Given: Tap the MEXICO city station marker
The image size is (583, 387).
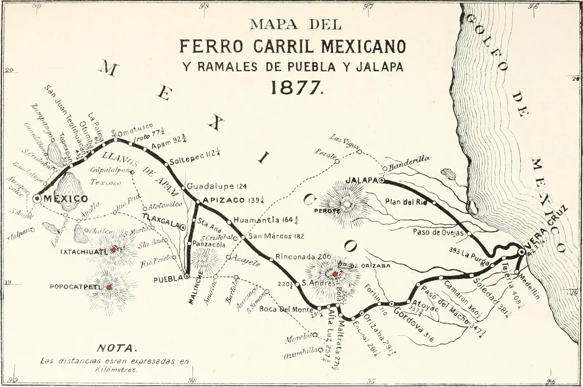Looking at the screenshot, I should click(37, 199).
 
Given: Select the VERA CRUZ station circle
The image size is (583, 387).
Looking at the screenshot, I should click(522, 251).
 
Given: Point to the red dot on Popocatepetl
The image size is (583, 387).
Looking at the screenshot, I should click(108, 288).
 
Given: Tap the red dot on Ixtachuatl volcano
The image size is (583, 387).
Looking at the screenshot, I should click(113, 250).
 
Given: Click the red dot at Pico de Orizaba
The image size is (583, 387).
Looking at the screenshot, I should click(334, 274).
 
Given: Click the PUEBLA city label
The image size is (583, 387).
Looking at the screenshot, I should click(168, 279).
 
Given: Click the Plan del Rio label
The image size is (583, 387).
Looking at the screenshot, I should click(406, 202).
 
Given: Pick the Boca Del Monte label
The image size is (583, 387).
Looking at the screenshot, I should click(286, 309).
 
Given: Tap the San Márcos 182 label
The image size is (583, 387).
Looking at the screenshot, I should click(276, 236).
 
